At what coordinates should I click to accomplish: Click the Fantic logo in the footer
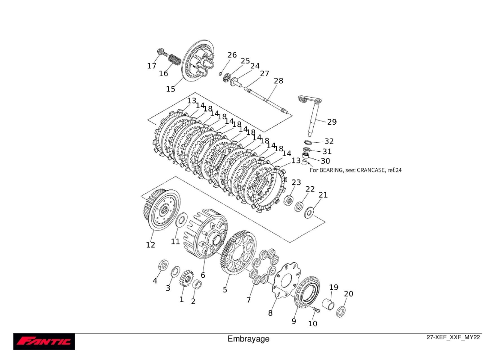point(44,342)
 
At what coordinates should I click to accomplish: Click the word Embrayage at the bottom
point(248,339)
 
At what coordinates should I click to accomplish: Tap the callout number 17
point(152,66)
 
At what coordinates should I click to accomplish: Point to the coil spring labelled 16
point(174,59)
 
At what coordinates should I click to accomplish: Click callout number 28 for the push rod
point(279,81)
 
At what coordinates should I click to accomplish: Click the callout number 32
point(329,141)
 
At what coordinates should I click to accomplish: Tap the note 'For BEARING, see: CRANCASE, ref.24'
point(355,170)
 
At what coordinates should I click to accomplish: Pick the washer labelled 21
point(309,212)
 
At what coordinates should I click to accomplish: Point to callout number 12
point(150,245)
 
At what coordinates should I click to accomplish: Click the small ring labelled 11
point(181,220)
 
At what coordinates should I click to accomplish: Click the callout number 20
point(349,294)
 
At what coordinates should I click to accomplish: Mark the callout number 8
point(270,313)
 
